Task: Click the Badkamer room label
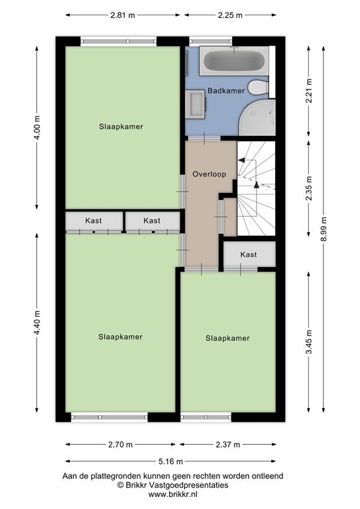226,90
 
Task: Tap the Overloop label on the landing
210,174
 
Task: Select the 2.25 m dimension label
229,14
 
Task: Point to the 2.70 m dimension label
121,444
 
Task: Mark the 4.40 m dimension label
37,323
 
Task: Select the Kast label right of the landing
249,254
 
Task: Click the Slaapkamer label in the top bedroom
121,126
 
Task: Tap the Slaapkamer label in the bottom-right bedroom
227,338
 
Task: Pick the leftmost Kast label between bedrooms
93,221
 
